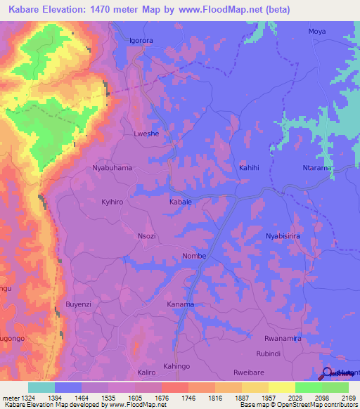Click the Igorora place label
[x=141, y=41]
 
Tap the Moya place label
[x=317, y=32]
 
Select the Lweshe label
[x=146, y=133]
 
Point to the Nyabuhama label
[x=112, y=169]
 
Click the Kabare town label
[x=180, y=202]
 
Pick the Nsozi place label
[x=147, y=237]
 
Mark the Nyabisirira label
[x=283, y=236]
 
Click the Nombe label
[x=194, y=256]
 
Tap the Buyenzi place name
[x=79, y=304]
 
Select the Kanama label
[x=180, y=304]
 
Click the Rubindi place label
[x=269, y=353]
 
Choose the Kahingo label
[x=176, y=367]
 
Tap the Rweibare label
[x=250, y=372]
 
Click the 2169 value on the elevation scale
[x=338, y=398]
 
